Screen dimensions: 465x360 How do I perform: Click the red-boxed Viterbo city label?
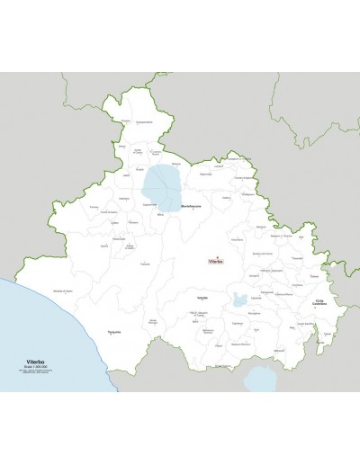click(214, 262)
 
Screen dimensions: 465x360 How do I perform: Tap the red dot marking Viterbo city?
click(214, 257)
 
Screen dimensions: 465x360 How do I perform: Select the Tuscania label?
click(145, 264)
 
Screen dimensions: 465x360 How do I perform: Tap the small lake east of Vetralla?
click(239, 300)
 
